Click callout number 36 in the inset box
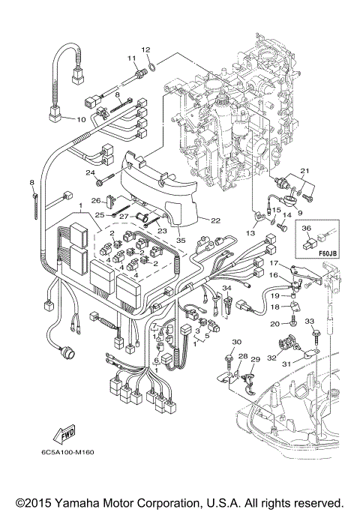306,229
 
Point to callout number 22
215,220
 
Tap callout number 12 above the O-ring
147,49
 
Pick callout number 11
130,58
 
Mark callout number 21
304,172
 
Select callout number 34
226,288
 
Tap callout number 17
275,263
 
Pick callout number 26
95,200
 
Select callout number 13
250,233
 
